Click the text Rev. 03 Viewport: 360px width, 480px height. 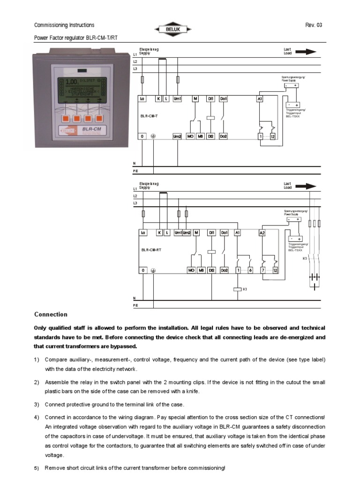pyautogui.click(x=314, y=25)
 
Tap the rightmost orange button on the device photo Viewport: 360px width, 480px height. pyautogui.click(x=99, y=115)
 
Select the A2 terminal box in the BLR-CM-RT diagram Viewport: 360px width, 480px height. pyautogui.click(x=262, y=232)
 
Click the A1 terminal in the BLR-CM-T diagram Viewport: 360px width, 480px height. pyautogui.click(x=260, y=99)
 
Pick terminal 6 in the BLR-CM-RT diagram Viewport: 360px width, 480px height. pyautogui.click(x=250, y=270)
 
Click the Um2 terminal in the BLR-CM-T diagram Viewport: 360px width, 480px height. pyautogui.click(x=177, y=136)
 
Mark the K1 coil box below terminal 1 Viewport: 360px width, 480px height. pyautogui.click(x=237, y=289)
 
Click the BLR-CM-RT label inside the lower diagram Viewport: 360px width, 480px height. pyautogui.click(x=152, y=250)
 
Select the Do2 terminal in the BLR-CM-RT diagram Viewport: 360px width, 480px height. pyautogui.click(x=224, y=270)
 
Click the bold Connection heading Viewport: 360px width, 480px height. pyautogui.click(x=51, y=315)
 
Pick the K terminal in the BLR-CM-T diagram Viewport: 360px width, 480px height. pyautogui.click(x=159, y=99)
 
